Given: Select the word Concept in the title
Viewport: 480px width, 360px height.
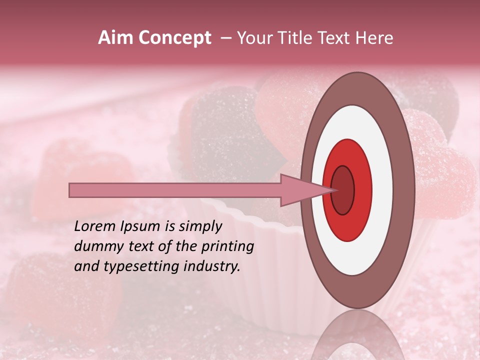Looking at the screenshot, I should coord(174,38).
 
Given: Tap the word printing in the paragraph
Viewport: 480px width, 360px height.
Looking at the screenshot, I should coord(227,247).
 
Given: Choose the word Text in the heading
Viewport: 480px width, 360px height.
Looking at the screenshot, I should coord(338,38).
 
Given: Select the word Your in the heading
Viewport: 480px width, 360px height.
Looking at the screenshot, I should coord(254,38).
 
